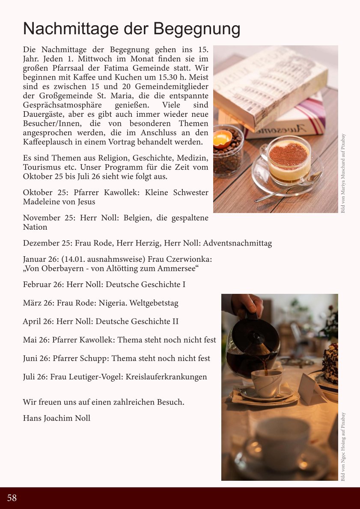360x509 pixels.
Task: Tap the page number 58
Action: tap(12, 498)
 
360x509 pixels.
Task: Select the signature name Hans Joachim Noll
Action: tap(57, 418)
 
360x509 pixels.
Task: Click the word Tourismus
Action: tap(42, 167)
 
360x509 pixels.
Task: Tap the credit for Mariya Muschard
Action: tap(343, 174)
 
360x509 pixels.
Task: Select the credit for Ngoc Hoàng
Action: tap(343, 447)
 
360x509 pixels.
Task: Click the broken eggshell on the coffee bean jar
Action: tap(223, 138)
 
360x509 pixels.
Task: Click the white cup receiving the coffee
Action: tap(266, 383)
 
